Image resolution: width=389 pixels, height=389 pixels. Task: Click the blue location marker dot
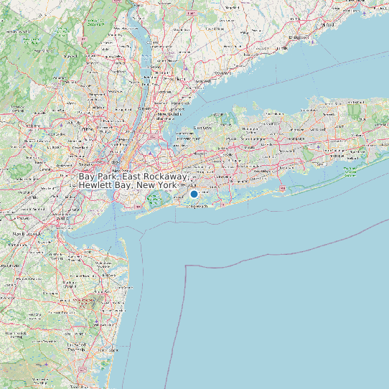point(194,194)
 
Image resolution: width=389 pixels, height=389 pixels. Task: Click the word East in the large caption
point(132,176)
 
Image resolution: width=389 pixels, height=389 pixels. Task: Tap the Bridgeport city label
point(299,36)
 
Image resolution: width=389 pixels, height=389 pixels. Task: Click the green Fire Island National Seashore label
point(351,172)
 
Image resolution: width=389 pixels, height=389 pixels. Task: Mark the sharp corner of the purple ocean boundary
point(187,266)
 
